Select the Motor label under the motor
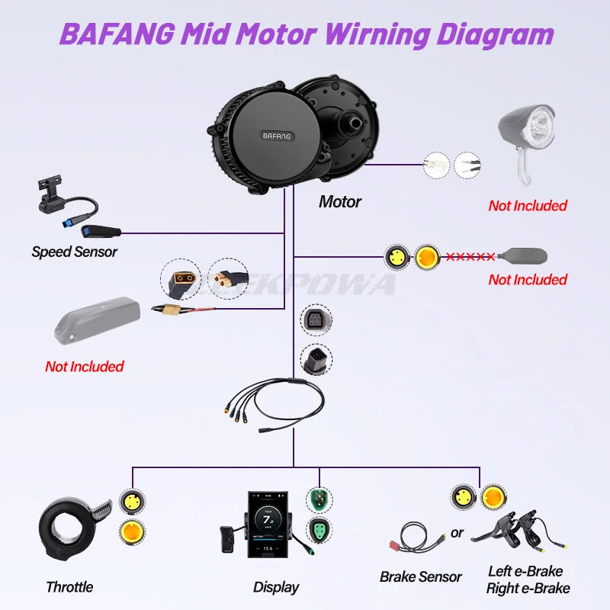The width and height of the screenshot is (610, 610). (339, 202)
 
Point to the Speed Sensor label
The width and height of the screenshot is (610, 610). (74, 252)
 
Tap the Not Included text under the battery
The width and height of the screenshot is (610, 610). (84, 367)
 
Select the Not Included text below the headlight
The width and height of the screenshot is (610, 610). (528, 206)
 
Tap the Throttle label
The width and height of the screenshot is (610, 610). (69, 587)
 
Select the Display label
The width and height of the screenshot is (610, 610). (276, 587)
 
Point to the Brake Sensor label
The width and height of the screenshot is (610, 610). (420, 576)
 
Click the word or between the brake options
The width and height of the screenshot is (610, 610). (457, 533)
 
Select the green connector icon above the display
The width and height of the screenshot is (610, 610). (319, 499)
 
